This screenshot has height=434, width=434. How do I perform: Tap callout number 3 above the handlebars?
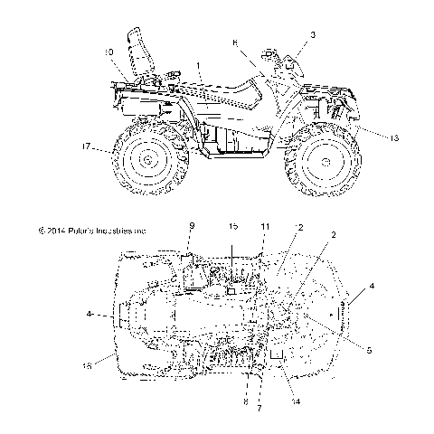(313, 34)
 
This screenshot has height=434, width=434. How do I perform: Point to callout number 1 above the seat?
(199, 66)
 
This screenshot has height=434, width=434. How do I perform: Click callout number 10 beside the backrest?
(108, 52)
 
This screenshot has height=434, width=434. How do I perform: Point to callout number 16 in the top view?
(112, 367)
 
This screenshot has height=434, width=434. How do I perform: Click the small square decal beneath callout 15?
(231, 291)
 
